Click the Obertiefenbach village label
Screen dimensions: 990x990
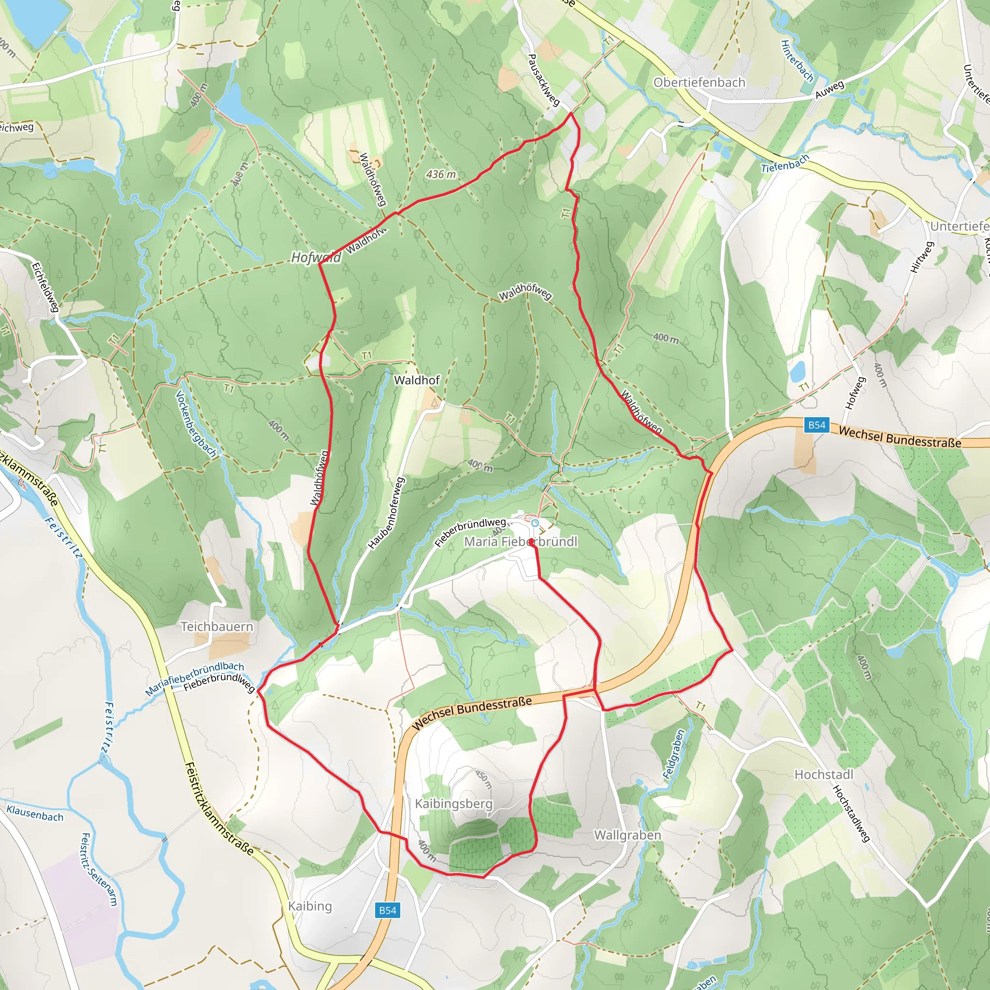tap(699, 83)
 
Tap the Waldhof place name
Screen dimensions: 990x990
tap(417, 380)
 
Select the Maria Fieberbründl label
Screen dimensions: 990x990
tap(521, 541)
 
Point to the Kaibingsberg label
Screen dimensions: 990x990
tap(453, 803)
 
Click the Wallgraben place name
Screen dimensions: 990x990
tap(627, 835)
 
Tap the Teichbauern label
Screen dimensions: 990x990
tap(217, 626)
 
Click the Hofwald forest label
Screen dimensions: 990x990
tap(316, 257)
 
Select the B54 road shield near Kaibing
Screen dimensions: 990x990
tap(387, 910)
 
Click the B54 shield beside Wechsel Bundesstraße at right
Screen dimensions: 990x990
tap(817, 425)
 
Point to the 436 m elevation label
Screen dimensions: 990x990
tap(441, 175)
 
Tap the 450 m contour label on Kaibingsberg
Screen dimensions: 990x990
tap(483, 779)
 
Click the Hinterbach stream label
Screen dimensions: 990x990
tap(797, 61)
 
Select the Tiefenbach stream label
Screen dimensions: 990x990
tap(785, 164)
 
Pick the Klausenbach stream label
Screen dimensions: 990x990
tap(35, 813)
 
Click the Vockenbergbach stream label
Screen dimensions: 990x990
tap(196, 424)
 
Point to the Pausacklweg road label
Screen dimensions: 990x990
tap(543, 80)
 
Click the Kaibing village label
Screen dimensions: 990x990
tap(309, 906)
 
